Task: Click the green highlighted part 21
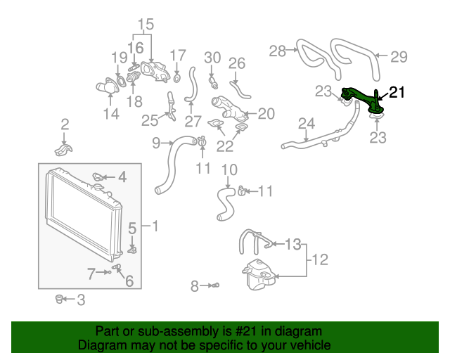(362, 99)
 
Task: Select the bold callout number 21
(397, 91)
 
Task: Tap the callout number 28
(278, 51)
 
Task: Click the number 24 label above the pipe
(306, 124)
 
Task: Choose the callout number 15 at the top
(144, 26)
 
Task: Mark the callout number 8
(195, 285)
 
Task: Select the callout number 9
(157, 143)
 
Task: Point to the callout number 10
(229, 169)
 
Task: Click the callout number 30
(212, 58)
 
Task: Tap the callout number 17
(179, 55)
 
